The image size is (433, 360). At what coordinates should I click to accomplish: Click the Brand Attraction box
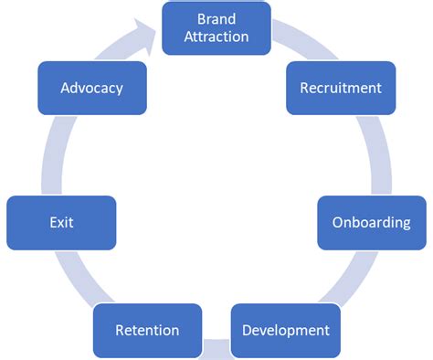(216, 27)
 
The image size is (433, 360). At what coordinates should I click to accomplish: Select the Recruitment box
(340, 88)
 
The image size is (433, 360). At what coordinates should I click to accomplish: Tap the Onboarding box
(371, 222)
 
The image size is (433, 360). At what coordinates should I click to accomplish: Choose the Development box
(285, 329)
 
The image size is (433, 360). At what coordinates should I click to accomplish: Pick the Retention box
(147, 329)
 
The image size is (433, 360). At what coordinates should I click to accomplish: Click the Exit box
(61, 222)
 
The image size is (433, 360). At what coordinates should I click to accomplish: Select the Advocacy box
(91, 88)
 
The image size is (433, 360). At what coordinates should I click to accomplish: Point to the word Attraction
(216, 37)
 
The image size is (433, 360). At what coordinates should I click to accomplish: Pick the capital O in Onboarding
(337, 222)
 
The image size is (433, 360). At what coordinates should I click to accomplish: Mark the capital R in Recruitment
(305, 88)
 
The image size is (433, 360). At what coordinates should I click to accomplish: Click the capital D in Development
(247, 330)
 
